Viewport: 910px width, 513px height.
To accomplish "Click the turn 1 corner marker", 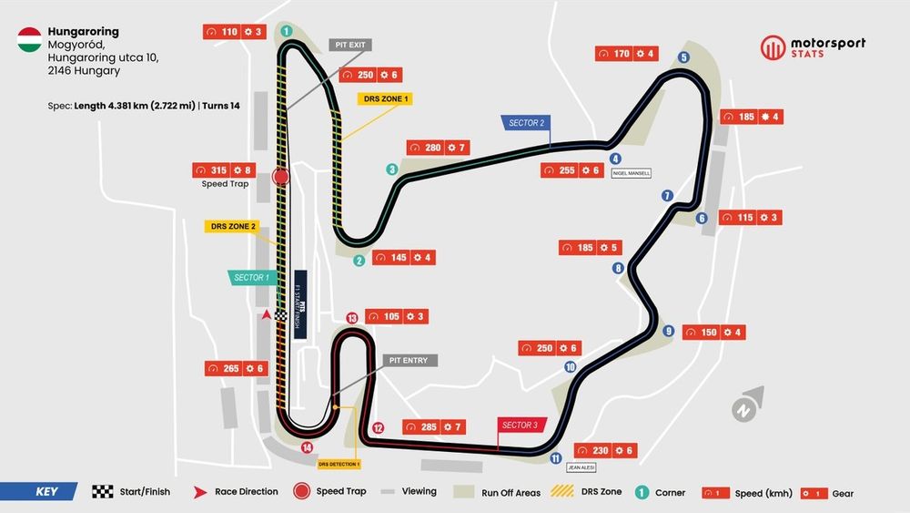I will pos(286,31).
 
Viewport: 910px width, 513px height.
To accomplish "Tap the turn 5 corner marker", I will pos(683,58).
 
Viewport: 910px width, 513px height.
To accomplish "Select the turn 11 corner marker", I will pos(555,458).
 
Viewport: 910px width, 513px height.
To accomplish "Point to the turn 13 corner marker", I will pos(352,318).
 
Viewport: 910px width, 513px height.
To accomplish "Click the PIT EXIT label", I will pos(350,45).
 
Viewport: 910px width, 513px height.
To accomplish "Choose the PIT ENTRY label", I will pos(409,361).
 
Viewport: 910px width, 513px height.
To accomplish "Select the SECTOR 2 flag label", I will pos(525,123).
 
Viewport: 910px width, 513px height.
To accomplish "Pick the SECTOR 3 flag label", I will pos(521,426).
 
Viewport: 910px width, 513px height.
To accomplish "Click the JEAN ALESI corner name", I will pos(580,467).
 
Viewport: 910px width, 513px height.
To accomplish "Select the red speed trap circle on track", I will pos(280,177).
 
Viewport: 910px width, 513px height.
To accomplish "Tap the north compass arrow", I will pos(746,406).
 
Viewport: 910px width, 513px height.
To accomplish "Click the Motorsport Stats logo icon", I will pos(773,47).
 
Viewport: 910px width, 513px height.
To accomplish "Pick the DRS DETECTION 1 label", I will pos(339,464).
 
